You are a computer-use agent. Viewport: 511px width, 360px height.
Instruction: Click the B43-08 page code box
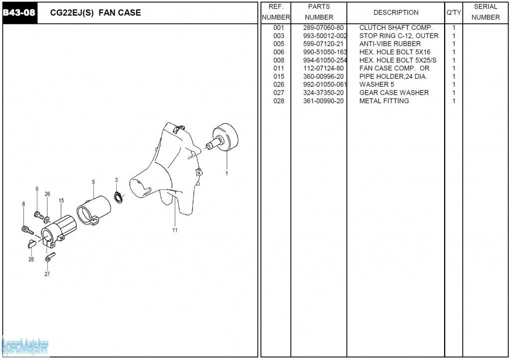click(19, 13)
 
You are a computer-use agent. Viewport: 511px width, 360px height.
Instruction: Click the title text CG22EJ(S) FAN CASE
click(95, 12)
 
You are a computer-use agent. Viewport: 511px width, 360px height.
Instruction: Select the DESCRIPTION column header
click(396, 12)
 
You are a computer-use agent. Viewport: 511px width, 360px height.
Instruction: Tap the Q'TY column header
click(454, 12)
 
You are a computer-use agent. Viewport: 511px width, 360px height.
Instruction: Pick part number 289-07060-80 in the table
click(323, 27)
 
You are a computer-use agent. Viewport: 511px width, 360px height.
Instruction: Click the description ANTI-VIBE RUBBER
click(390, 44)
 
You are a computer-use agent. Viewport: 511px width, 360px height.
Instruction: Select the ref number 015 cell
click(278, 76)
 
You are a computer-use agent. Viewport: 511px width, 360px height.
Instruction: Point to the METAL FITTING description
click(384, 101)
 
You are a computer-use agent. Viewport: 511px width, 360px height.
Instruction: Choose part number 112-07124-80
click(323, 68)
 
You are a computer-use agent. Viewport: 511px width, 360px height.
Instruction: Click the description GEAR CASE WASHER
click(394, 93)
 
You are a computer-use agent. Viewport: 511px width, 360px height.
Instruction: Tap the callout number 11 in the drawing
click(175, 230)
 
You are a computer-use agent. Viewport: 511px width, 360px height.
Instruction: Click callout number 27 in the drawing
click(47, 274)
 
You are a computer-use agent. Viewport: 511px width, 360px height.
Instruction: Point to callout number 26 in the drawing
click(47, 194)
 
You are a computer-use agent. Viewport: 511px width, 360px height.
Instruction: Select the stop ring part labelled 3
click(118, 198)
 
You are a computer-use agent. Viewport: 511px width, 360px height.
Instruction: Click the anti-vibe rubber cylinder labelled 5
click(94, 210)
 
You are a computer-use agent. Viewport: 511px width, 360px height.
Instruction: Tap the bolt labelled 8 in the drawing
click(27, 230)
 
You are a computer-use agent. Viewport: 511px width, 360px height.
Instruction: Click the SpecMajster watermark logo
click(25, 347)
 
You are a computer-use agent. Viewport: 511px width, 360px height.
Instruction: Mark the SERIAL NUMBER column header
click(485, 12)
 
